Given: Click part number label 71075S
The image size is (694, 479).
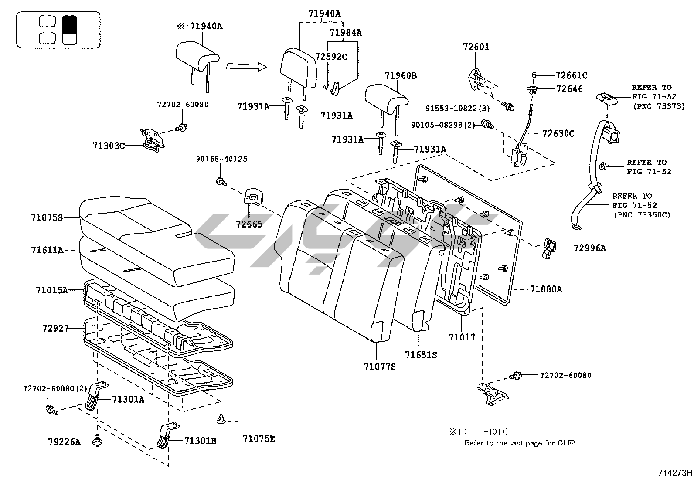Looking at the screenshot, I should coord(47,217).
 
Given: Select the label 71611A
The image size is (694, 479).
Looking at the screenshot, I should coord(47,250).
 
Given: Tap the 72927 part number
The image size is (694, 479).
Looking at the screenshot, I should coord(56,328).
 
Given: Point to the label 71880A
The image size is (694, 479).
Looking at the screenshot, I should coord(546,289).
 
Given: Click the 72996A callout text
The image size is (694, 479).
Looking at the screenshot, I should coord(589,248).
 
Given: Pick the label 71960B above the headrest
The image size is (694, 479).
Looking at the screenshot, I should coord(400,76).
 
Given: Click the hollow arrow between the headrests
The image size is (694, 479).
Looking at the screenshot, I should coord(246,66).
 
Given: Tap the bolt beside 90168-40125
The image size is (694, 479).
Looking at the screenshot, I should coord(221,181).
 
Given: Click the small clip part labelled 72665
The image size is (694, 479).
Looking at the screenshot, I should coord(254,197).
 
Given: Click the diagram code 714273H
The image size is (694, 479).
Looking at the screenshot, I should coord(675,473).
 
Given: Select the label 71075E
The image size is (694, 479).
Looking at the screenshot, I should coord(259,438).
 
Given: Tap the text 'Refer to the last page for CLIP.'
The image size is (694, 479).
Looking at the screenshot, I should coord(520,443).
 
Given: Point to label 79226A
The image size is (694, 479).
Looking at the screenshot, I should coord(64,442).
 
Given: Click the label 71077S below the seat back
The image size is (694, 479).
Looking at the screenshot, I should coord(380,367).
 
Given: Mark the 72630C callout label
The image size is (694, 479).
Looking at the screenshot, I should coord(558,133).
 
